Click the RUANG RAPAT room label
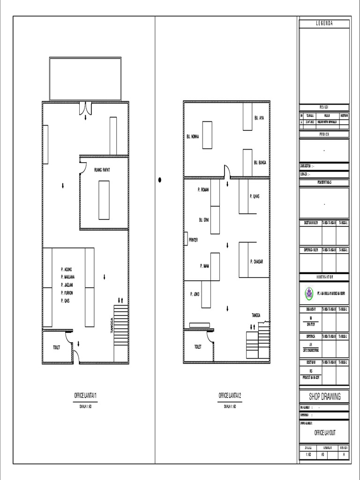pyautogui.click(x=102, y=170)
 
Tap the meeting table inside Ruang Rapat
pyautogui.click(x=104, y=200)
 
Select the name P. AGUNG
pyautogui.click(x=67, y=269)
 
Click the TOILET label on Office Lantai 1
pyautogui.click(x=56, y=347)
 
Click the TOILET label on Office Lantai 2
pyautogui.click(x=197, y=347)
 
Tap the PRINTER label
pyautogui.click(x=193, y=240)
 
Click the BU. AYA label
pyautogui.click(x=259, y=118)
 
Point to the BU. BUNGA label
pyautogui.click(x=260, y=163)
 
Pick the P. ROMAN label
pyautogui.click(x=203, y=190)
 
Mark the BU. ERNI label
pyautogui.click(x=203, y=219)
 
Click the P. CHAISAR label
pyautogui.click(x=257, y=262)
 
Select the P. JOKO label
pyautogui.click(x=195, y=294)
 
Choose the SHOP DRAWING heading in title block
pyautogui.click(x=324, y=397)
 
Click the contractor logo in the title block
pyautogui.click(x=309, y=294)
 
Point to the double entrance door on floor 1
pyautogui.click(x=85, y=108)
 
